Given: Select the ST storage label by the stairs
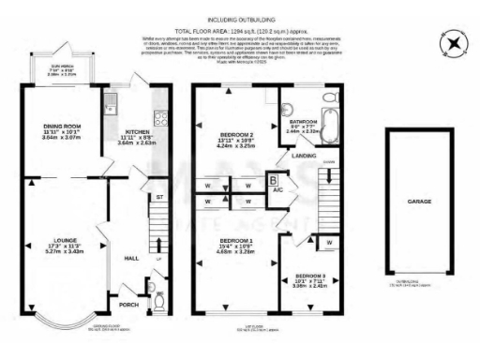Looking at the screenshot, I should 160,197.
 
